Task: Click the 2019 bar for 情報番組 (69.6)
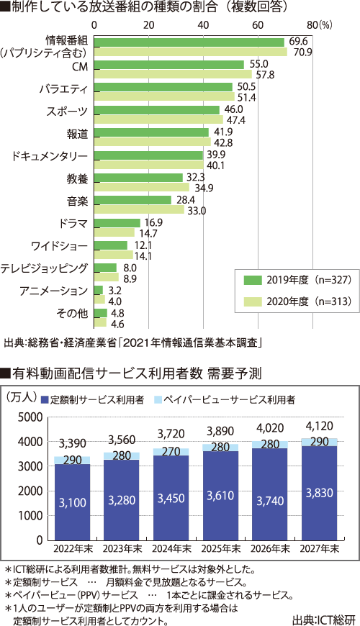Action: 189,42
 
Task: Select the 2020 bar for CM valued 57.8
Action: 173,74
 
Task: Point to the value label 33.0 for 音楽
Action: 197,211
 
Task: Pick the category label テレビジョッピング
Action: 44,268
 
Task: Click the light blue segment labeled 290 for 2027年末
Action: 319,442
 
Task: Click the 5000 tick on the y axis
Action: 29,417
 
